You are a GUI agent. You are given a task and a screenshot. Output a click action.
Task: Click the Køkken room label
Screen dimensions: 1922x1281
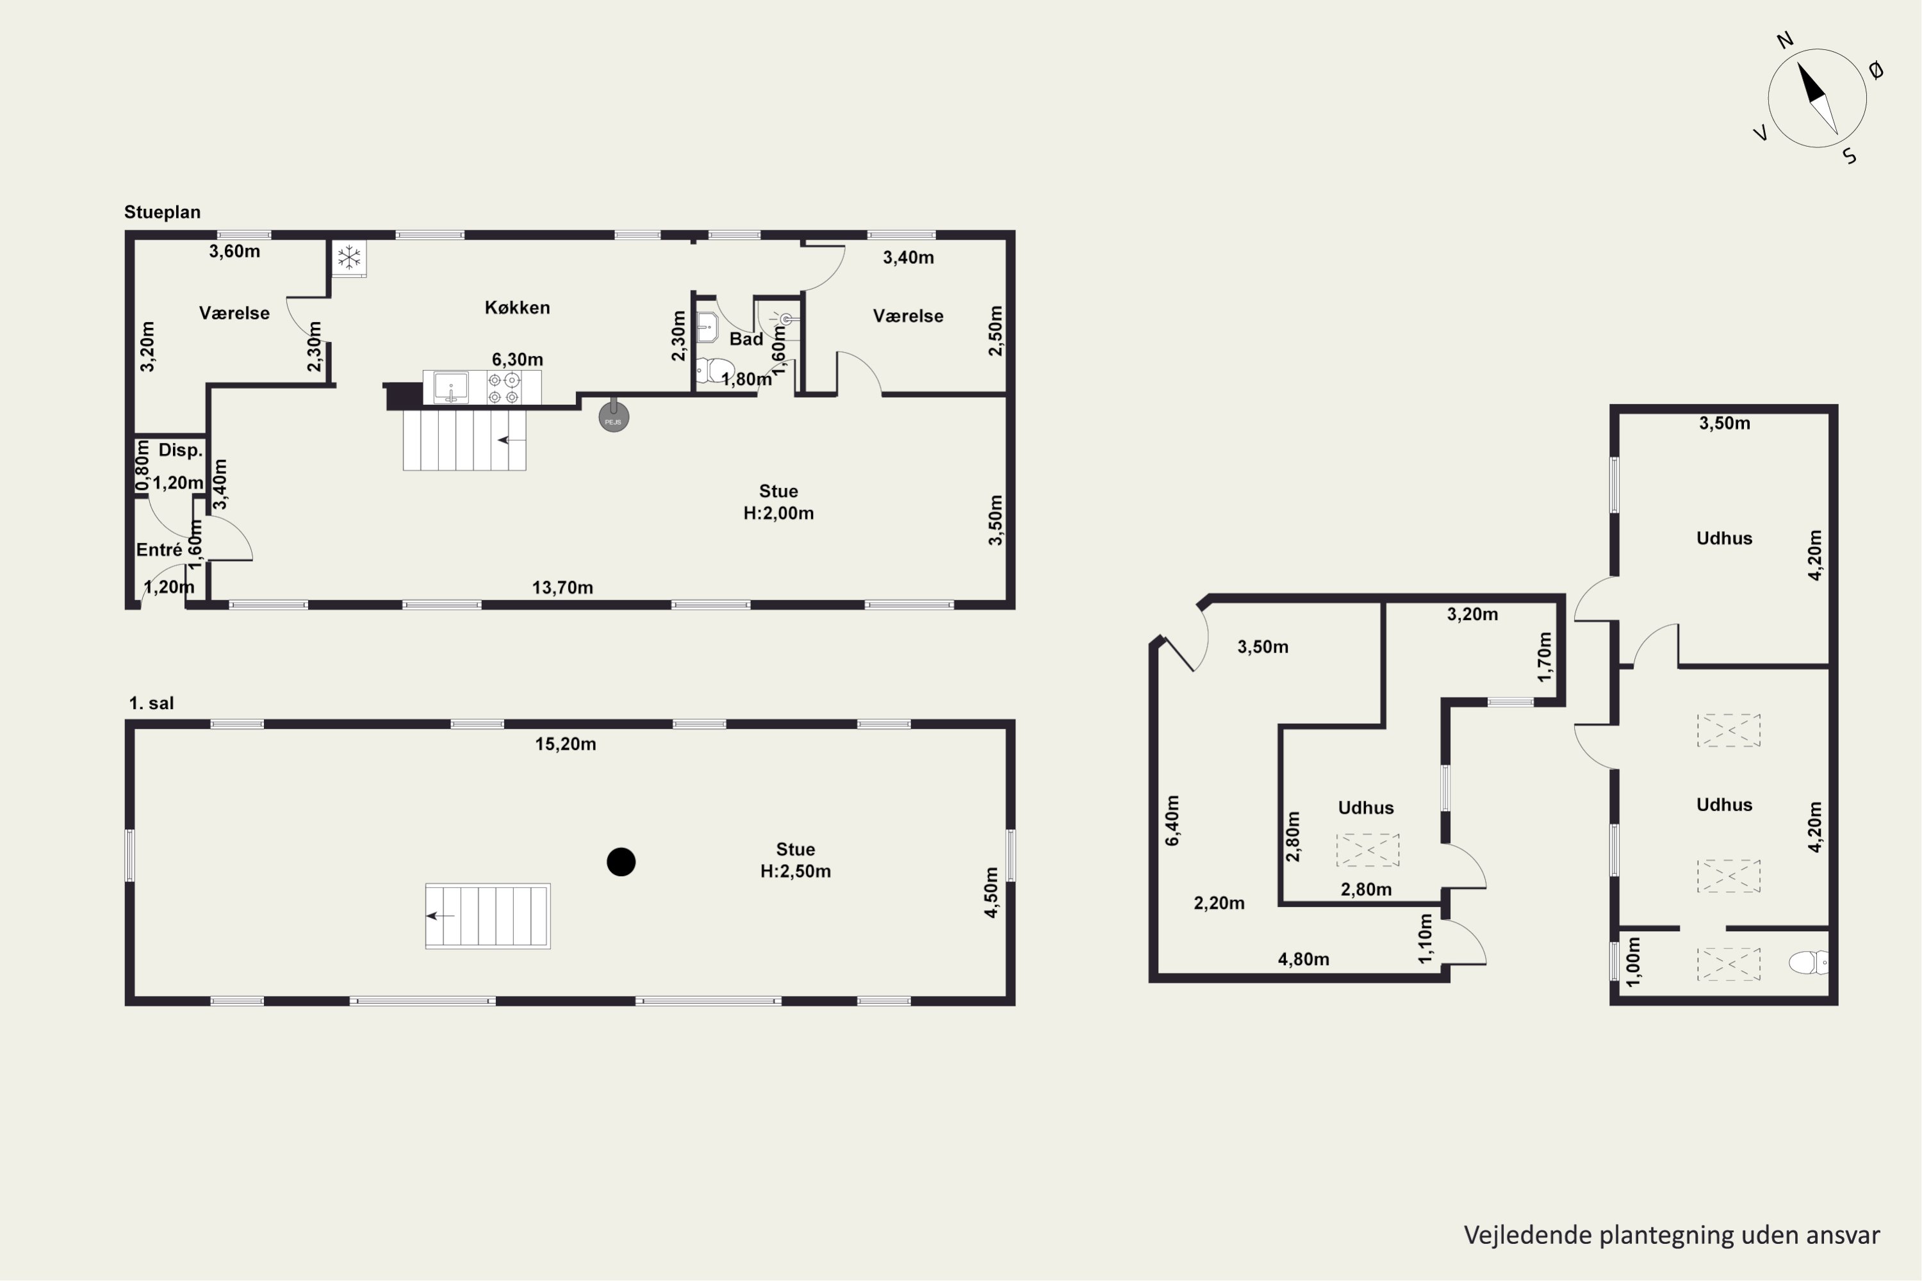pos(517,308)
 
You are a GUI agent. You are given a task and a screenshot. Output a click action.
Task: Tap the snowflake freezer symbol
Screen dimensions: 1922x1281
pos(350,258)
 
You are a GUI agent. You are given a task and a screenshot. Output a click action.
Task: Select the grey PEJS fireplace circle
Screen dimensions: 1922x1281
pos(614,418)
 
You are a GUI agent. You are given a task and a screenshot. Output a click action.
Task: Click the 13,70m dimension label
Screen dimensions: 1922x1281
pos(563,587)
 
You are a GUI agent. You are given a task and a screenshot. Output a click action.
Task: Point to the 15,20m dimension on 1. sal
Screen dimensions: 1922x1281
pos(566,744)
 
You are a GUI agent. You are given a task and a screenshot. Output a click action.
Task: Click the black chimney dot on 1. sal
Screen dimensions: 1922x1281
pos(621,862)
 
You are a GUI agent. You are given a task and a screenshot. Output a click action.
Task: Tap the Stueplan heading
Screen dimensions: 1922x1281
pos(162,213)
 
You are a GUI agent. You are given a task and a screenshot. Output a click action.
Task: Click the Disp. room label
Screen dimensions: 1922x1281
pos(181,450)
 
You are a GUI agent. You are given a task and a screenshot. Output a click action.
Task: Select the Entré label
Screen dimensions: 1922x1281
pos(160,550)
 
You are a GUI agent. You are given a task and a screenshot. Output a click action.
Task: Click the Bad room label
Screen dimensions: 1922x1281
pos(746,339)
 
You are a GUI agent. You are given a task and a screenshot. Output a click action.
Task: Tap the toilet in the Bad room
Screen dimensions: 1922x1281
pos(715,371)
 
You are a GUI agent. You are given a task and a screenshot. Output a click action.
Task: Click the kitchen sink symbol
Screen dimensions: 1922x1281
pos(450,388)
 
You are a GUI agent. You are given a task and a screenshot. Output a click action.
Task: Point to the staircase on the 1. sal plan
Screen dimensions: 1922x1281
pos(488,916)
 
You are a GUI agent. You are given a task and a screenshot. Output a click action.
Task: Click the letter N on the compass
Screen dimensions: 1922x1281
pos(1786,40)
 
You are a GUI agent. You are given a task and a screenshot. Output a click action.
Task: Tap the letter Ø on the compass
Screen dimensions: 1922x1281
pos(1877,70)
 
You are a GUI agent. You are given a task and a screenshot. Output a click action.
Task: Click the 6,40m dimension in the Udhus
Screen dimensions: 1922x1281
pos(1172,820)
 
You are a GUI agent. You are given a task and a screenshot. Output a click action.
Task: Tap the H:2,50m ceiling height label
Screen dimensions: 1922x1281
pos(795,872)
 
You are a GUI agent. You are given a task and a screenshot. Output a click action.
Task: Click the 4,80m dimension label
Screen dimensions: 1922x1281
pos(1303,959)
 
